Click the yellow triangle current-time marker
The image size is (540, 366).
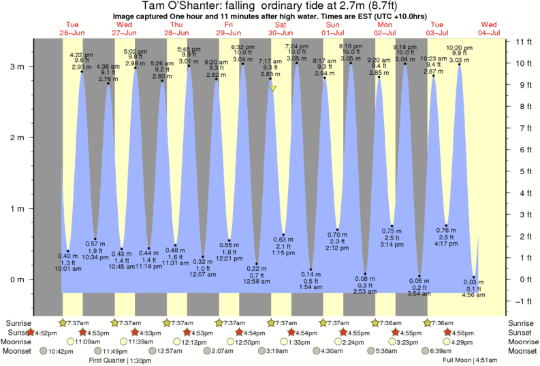tap(272, 88)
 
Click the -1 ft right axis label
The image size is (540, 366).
tap(523, 301)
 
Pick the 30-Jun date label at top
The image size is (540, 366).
tap(281, 32)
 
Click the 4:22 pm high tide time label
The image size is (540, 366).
tap(82, 54)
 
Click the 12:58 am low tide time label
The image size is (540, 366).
tap(257, 282)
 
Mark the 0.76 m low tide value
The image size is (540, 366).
tap(446, 230)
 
